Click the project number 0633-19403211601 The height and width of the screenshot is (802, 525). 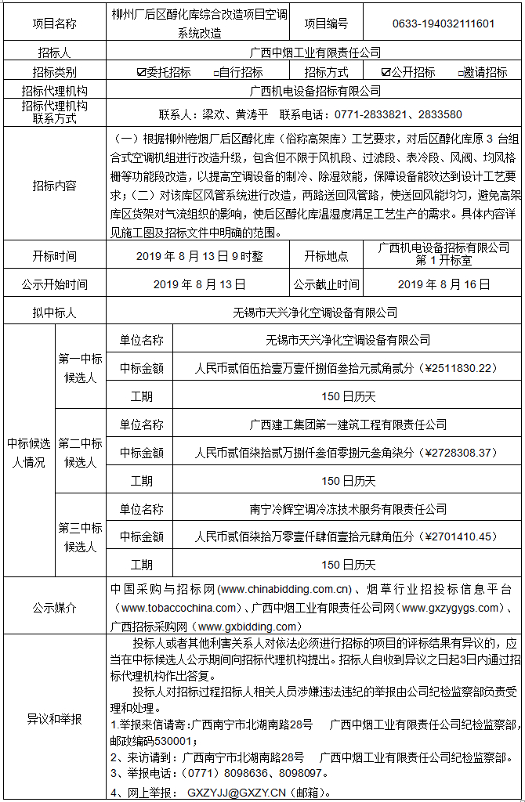click(x=444, y=23)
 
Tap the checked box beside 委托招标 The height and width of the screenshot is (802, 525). click(x=141, y=73)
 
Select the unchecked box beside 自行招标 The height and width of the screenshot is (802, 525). click(x=215, y=73)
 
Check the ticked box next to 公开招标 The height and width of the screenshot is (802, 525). click(x=385, y=73)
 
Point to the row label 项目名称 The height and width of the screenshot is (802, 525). click(x=54, y=23)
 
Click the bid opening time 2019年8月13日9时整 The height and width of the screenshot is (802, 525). click(x=199, y=256)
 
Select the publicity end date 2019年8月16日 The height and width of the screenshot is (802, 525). click(x=443, y=284)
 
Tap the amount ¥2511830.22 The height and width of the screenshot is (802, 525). click(x=458, y=368)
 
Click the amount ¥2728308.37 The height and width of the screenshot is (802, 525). click(x=458, y=453)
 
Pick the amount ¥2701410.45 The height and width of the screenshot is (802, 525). click(x=458, y=536)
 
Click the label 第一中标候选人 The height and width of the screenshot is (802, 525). click(x=80, y=368)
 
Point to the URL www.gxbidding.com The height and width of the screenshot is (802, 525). click(x=248, y=627)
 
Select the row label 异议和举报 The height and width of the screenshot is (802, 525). click(x=54, y=717)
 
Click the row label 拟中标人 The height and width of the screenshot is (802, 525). click(x=54, y=312)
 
